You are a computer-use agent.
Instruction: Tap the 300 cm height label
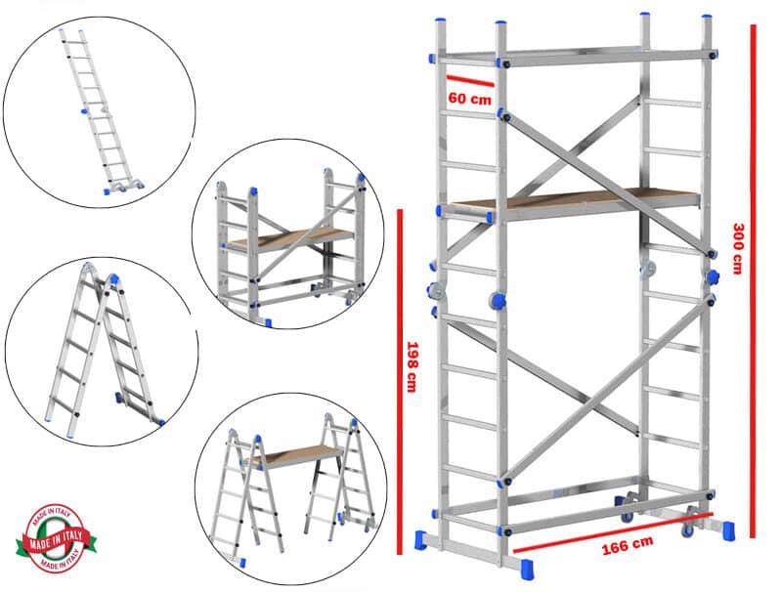(738, 248)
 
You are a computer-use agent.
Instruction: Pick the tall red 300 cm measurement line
(753, 278)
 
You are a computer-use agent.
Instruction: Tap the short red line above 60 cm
(469, 79)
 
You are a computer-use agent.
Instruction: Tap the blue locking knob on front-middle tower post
(498, 300)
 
